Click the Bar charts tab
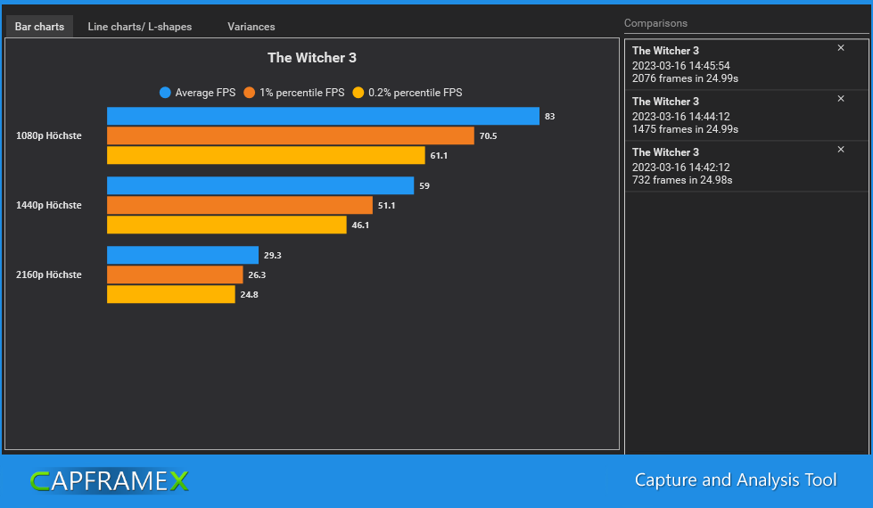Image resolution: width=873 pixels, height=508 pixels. [39, 27]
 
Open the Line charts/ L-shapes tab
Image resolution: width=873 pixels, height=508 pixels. [139, 27]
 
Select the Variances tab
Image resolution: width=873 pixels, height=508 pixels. [251, 27]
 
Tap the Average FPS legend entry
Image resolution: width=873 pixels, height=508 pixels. [197, 93]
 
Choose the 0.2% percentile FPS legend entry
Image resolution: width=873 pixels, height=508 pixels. [408, 93]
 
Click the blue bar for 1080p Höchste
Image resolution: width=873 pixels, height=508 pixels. [323, 116]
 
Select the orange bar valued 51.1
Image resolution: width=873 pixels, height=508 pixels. [239, 205]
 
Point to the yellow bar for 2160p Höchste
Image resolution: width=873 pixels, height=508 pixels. [170, 294]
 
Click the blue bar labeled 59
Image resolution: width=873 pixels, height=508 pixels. [259, 185]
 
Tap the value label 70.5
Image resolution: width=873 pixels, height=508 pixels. [488, 136]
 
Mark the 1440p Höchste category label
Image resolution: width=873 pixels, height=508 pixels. [49, 206]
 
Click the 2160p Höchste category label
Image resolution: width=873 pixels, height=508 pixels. [49, 275]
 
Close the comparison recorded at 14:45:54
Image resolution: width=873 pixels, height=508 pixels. [840, 48]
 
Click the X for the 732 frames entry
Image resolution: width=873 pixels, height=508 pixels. [840, 150]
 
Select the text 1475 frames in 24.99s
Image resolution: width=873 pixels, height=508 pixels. [685, 129]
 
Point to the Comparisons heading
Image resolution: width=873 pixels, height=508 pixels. [655, 23]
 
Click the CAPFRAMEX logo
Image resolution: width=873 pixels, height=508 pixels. [109, 481]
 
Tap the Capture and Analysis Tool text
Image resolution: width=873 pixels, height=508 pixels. [736, 480]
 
